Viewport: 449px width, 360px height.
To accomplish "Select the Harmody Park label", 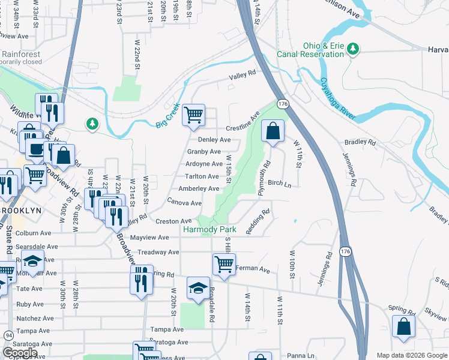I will point(209,229).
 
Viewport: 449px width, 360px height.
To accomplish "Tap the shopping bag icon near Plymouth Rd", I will point(273,131).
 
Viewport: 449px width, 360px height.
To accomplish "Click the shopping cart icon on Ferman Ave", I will point(224,264).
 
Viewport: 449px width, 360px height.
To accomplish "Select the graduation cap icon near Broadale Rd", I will point(198,289).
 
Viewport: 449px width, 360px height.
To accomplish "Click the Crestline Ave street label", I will point(242,122).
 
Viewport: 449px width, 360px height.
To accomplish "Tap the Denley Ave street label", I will point(210,139).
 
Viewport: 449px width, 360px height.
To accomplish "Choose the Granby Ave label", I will point(203,152).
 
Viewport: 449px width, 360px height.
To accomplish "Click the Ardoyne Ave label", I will point(204,164).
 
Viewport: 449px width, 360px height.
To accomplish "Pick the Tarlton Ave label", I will point(202,176).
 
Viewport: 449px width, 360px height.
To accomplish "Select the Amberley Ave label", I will point(199,188).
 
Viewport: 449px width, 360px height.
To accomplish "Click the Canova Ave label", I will point(184,202).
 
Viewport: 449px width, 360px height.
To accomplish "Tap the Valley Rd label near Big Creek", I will point(242,74).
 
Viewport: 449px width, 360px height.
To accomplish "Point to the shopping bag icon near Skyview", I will point(403,328).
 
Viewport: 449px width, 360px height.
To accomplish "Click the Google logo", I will point(20,353).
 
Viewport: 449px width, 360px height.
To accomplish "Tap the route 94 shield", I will point(8,334).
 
